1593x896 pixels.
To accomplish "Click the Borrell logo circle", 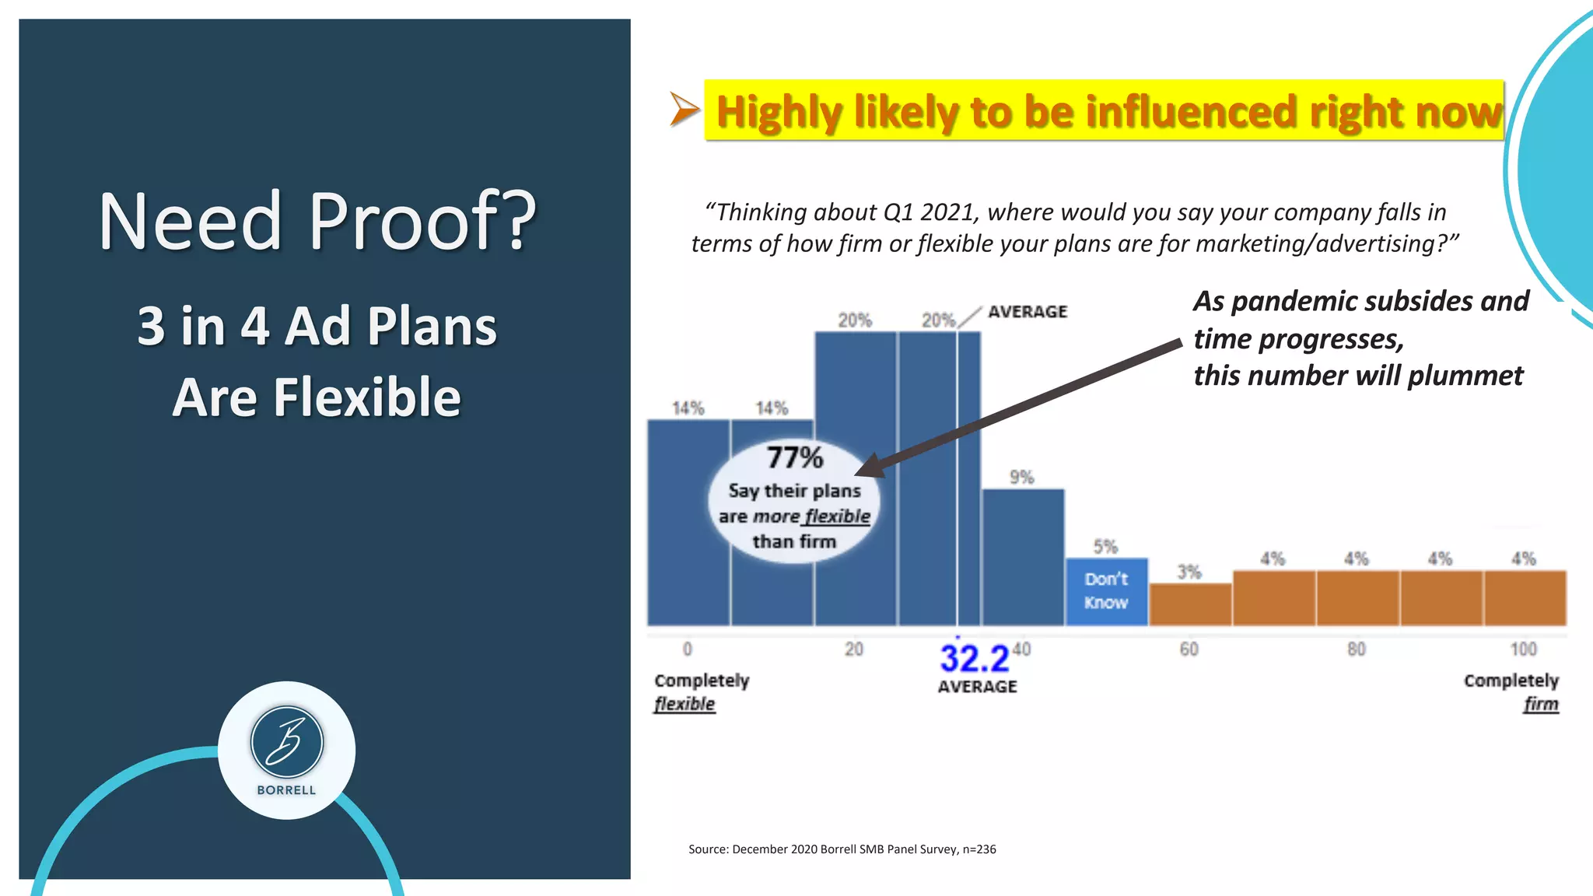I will point(286,749).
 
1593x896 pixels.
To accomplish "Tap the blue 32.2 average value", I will point(974,659).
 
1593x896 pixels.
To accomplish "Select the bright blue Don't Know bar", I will point(1106,591).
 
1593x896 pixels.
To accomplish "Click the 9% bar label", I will point(1021,477).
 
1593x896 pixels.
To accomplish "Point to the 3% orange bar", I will point(1190,604).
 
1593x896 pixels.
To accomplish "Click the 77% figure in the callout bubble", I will point(794,457).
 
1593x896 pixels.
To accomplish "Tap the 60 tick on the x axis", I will point(1189,649).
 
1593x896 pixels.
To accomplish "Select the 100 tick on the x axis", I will point(1523,649).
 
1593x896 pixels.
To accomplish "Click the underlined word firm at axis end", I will point(1541,704).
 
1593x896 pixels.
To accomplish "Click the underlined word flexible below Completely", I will point(684,704).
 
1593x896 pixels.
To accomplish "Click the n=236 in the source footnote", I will point(979,849).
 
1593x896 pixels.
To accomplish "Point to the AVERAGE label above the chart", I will point(1028,311).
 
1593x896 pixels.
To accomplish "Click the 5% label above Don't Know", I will point(1105,546).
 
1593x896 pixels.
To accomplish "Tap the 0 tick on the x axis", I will point(687,649).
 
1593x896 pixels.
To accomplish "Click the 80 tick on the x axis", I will point(1356,649).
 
